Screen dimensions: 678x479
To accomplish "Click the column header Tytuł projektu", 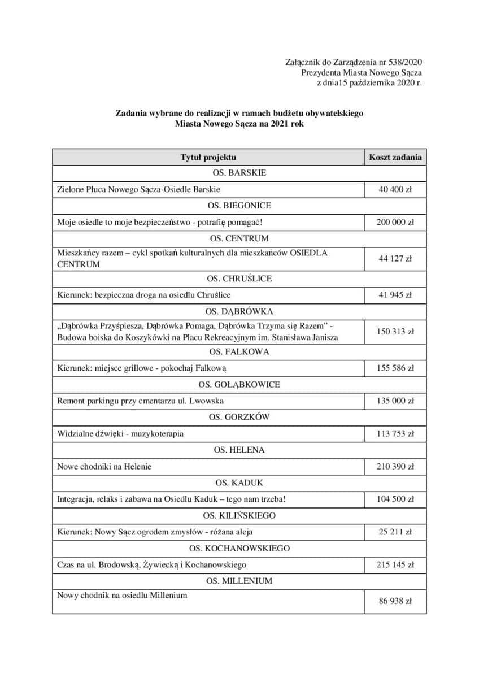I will click(208, 157).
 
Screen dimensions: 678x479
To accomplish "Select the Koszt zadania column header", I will click(395, 157).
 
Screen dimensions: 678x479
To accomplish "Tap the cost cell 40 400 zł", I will click(395, 189).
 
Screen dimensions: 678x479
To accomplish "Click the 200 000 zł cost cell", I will click(395, 222).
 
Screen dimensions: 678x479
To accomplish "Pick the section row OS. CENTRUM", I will click(239, 238).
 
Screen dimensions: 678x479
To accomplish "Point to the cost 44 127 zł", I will click(395, 259).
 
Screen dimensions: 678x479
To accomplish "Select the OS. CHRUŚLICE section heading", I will click(239, 279).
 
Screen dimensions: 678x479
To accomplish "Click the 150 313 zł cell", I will click(395, 332).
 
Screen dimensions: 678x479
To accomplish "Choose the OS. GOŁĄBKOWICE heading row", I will click(239, 385).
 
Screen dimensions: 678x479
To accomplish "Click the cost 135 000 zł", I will click(395, 401).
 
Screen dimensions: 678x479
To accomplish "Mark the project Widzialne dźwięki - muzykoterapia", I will click(120, 434).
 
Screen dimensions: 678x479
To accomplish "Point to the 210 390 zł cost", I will click(395, 467).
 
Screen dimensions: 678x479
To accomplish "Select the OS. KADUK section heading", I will click(239, 483).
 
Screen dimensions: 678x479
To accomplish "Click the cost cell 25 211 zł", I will click(395, 532).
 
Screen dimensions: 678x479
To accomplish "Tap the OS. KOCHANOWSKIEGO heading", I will click(239, 548).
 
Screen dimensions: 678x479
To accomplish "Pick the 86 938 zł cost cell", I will click(395, 601).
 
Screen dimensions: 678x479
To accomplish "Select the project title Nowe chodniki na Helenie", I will click(104, 467).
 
